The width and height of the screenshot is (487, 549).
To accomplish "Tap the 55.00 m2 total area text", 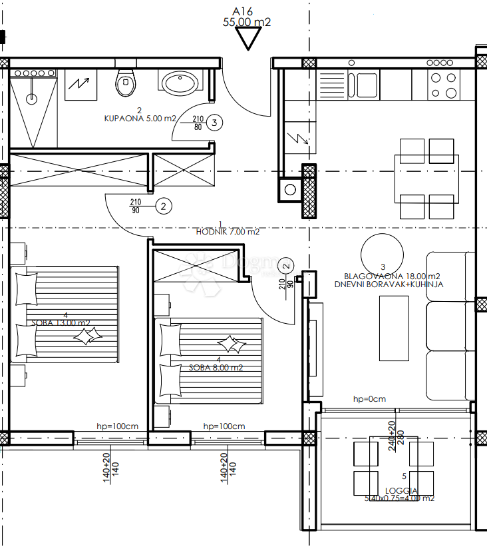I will (x=247, y=22).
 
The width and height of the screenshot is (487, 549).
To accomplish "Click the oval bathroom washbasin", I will (x=179, y=83).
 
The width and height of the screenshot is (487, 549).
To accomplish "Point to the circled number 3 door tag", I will (x=214, y=122).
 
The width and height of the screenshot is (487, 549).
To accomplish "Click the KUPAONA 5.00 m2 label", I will (x=140, y=119).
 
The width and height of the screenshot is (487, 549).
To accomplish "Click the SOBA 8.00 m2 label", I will (x=216, y=367).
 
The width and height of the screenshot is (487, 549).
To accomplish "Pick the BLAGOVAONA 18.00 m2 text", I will (x=392, y=276).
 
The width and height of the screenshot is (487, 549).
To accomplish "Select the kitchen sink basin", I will (x=365, y=85).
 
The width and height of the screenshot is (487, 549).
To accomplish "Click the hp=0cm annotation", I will (x=369, y=399).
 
